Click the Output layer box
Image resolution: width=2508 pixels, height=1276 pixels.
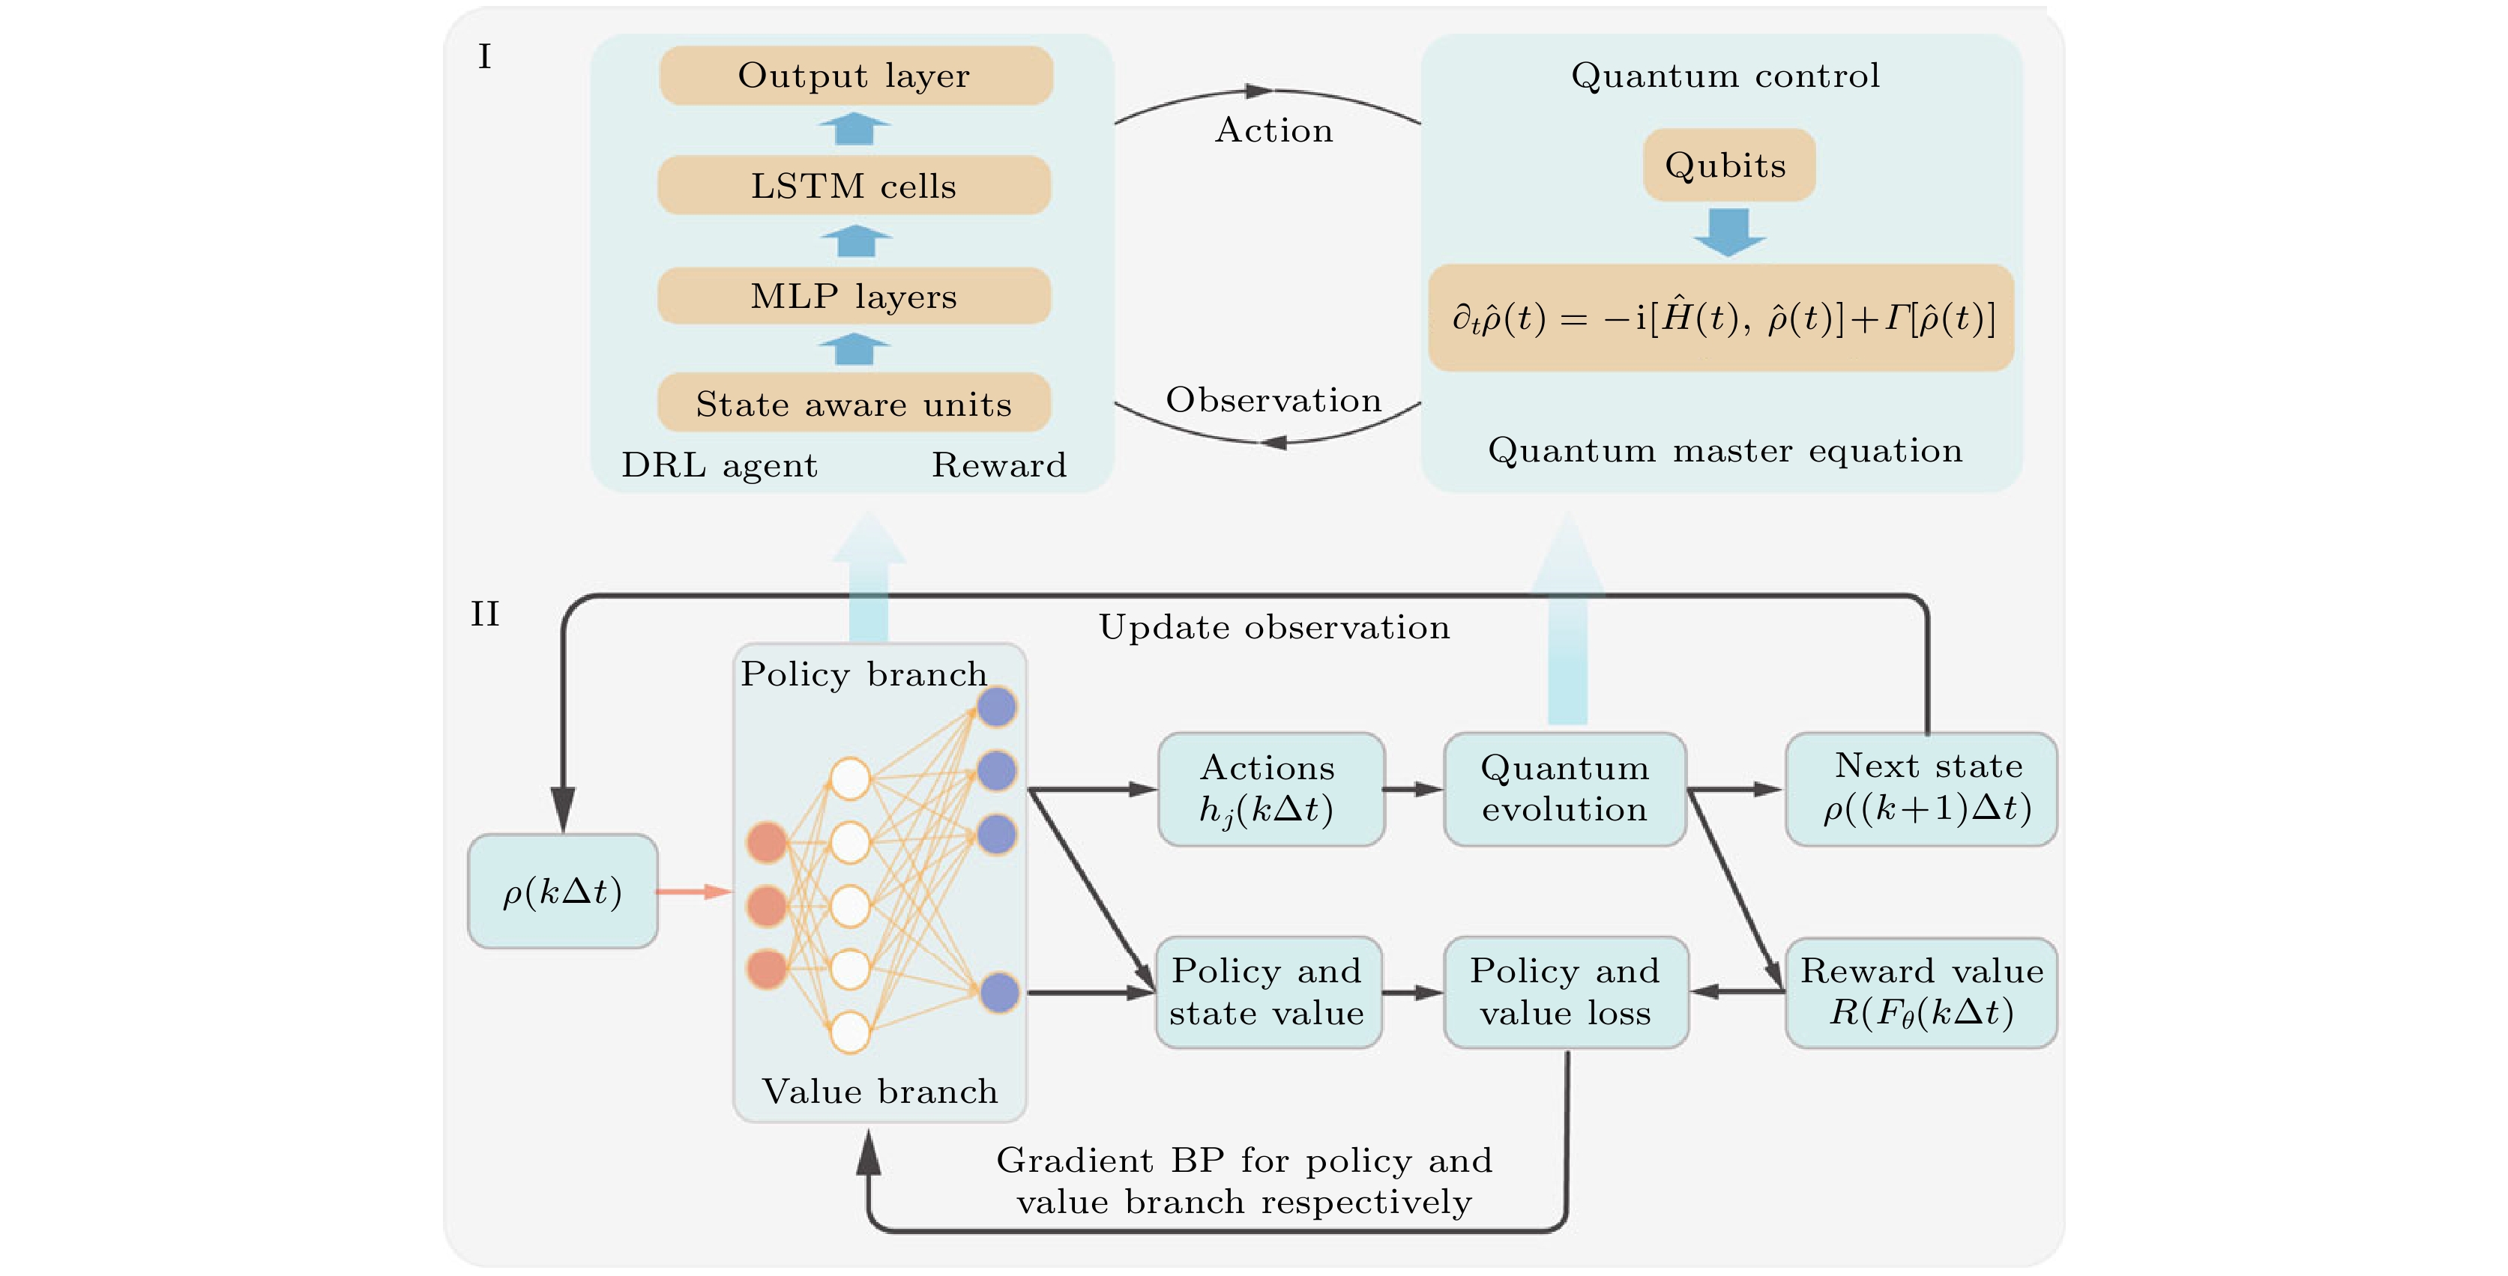[x=854, y=76]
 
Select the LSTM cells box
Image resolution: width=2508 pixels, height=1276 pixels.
[x=854, y=185]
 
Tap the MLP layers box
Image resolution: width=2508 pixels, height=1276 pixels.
[x=854, y=296]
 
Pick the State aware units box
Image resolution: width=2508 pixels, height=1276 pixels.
[x=854, y=403]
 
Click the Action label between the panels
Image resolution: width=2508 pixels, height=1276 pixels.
[x=1273, y=130]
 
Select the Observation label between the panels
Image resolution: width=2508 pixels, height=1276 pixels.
[x=1273, y=400]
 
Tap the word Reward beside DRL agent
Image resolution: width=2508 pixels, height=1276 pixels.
[x=999, y=465]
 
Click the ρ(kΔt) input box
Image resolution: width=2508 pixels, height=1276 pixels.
[x=563, y=892]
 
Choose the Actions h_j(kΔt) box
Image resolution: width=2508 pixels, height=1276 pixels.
[x=1270, y=789]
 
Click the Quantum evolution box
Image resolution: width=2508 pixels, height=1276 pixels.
[x=1564, y=789]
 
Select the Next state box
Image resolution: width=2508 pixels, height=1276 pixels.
[x=1922, y=788]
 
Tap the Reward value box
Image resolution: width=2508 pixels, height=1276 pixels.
[x=1922, y=993]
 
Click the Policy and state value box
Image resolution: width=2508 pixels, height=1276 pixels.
[x=1267, y=993]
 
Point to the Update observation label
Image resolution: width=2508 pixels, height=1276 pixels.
[x=1273, y=628]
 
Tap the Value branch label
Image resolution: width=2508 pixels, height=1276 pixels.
[x=880, y=1092]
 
